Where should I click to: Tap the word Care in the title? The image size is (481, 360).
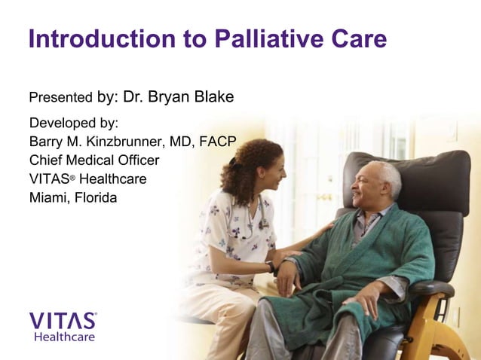(x=357, y=38)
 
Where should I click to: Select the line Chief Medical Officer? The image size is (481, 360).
(x=94, y=160)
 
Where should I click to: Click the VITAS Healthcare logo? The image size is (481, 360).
(x=63, y=326)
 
